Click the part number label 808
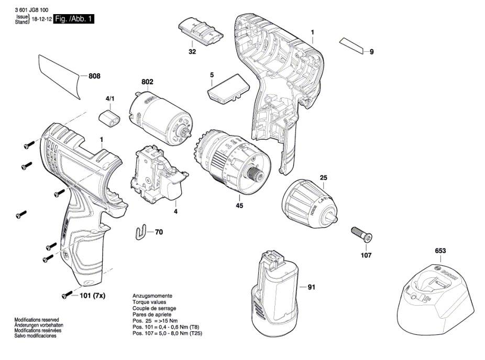tap(94, 76)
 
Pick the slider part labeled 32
tap(199, 32)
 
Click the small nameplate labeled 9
tap(351, 45)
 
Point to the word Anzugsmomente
tap(151, 296)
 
